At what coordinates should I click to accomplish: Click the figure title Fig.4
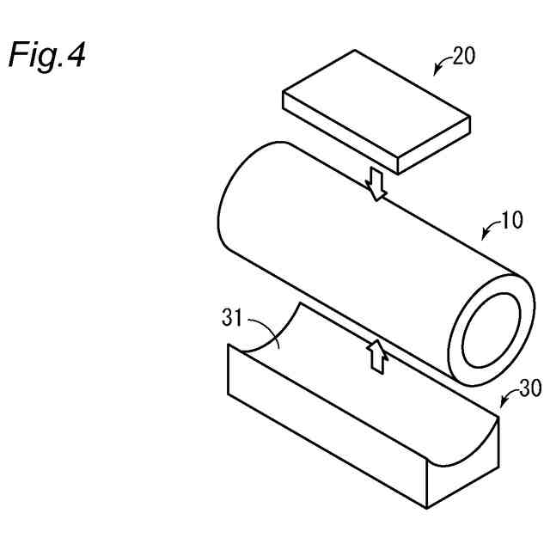(47, 56)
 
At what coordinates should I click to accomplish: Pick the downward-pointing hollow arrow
(376, 182)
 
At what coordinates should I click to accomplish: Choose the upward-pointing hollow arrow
(375, 354)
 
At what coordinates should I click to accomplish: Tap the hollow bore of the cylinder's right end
(492, 331)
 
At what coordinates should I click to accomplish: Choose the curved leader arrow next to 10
(490, 230)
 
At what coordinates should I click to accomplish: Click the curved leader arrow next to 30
(506, 398)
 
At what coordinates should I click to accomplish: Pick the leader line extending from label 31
(264, 327)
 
